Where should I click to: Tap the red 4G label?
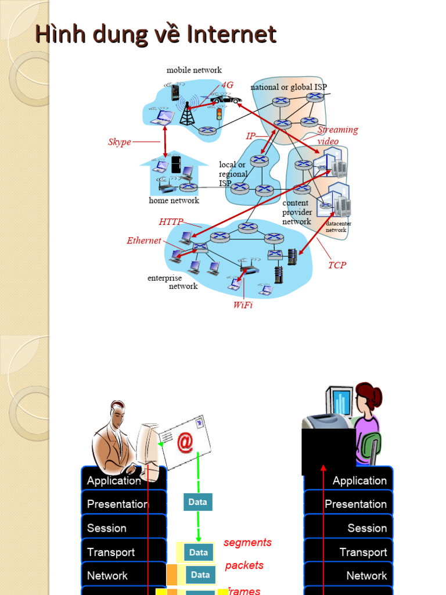click(x=227, y=85)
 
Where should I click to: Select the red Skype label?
click(x=119, y=142)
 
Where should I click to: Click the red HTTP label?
click(x=171, y=221)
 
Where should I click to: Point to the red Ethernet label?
click(x=143, y=241)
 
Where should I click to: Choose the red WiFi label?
click(x=243, y=305)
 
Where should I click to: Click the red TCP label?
click(x=337, y=265)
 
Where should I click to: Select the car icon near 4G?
click(x=226, y=100)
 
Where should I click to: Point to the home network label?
click(x=174, y=200)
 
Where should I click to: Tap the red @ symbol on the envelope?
click(x=184, y=442)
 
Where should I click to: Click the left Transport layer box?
click(x=123, y=552)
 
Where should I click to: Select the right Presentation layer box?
click(x=349, y=504)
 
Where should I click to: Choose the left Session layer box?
click(x=123, y=528)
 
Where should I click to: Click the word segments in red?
click(x=247, y=542)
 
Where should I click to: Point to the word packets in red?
click(x=244, y=565)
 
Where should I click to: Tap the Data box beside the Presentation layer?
click(x=197, y=502)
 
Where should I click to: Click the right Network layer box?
click(x=349, y=575)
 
